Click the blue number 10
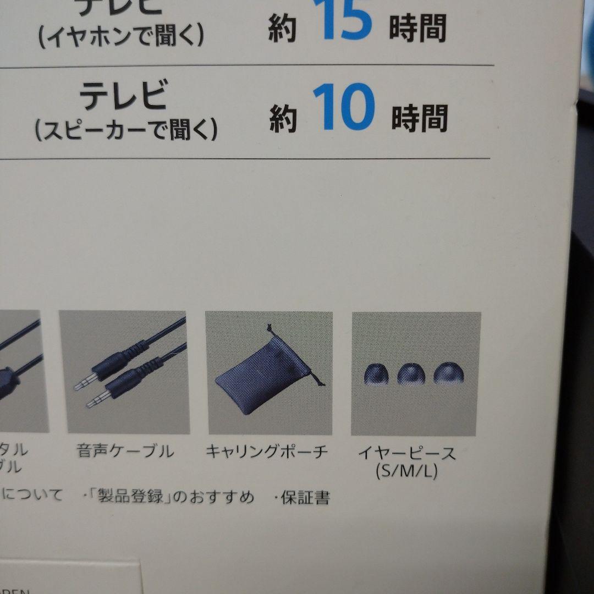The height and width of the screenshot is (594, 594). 344,109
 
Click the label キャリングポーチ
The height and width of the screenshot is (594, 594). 267,452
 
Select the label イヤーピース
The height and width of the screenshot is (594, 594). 407,454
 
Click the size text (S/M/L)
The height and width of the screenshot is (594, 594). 408,471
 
